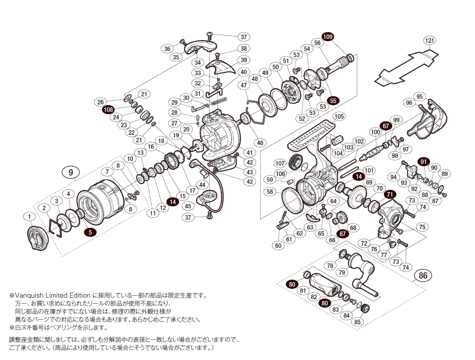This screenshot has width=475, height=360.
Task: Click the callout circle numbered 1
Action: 30,216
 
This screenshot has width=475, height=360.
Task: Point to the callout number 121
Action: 429,40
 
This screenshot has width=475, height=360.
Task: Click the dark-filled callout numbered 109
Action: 328,37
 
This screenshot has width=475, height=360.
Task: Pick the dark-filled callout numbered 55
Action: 333,101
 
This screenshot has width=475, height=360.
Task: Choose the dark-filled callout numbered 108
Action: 108,109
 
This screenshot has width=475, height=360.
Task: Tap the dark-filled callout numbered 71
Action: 389,195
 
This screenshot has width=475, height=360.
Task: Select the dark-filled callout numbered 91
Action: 423,161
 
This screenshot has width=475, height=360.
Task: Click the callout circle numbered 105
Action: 339,116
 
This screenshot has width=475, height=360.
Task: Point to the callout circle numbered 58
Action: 270,192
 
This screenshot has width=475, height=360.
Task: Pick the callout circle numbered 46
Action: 260,143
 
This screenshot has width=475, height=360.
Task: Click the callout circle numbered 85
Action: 358,322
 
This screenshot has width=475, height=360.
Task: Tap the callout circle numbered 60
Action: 278,246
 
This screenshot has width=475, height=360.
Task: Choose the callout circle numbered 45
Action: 188,206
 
